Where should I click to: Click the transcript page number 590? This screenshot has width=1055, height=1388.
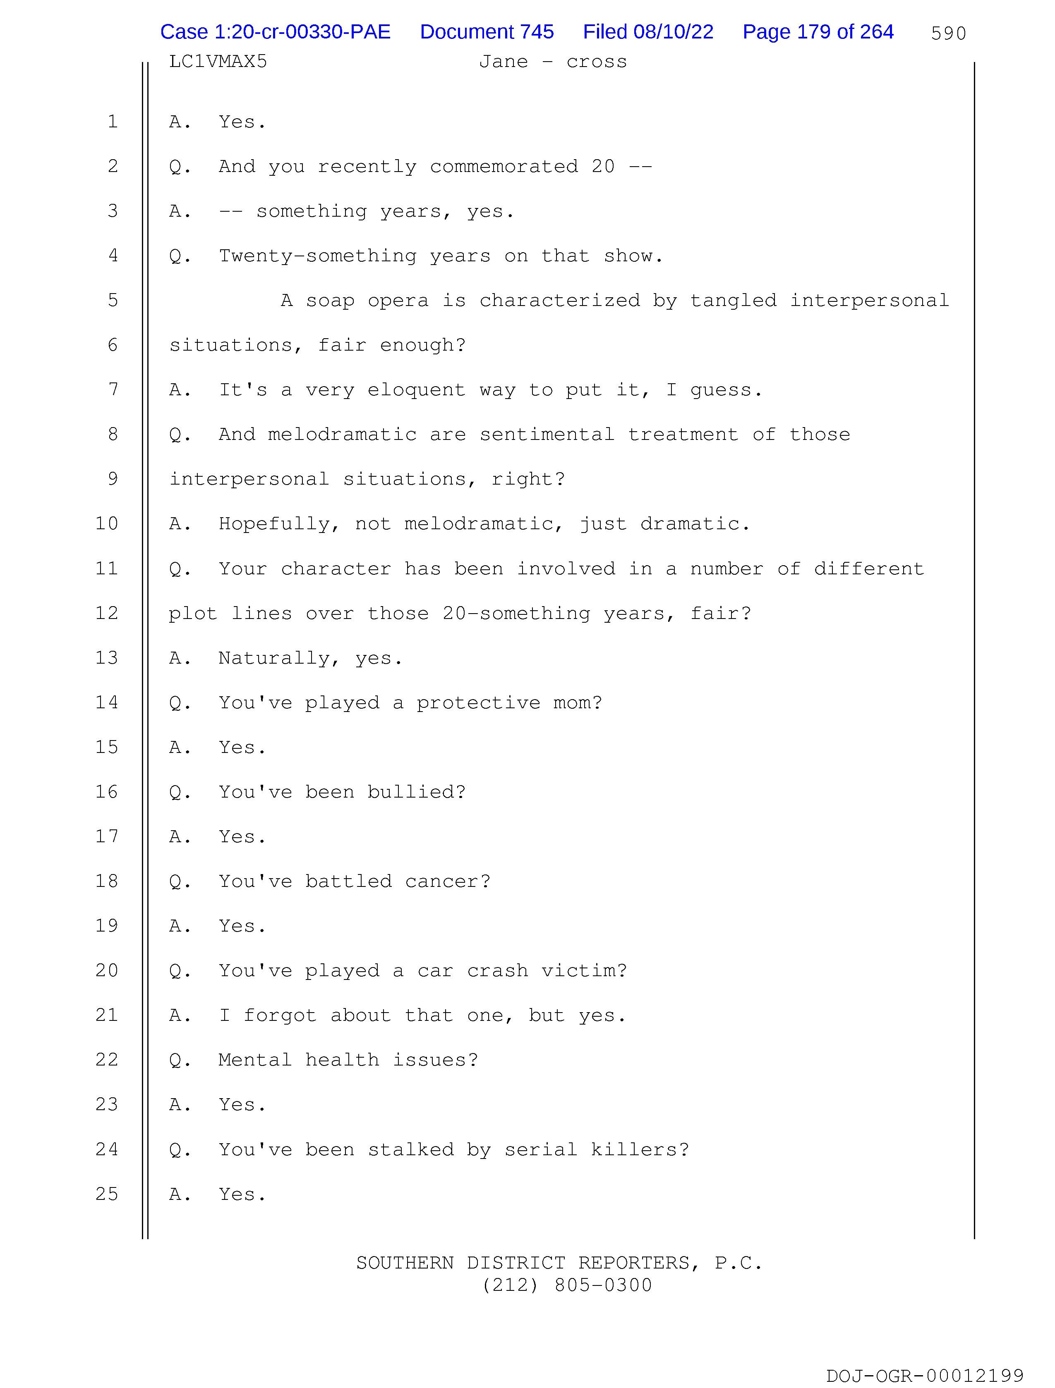[x=948, y=33]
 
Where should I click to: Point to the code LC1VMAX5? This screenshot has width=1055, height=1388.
[x=218, y=62]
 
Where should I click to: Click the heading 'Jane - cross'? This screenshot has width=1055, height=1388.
[x=553, y=62]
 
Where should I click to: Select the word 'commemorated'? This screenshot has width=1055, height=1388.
[x=504, y=167]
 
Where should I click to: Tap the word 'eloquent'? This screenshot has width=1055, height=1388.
[x=416, y=390]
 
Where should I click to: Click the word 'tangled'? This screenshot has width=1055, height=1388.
[x=733, y=301]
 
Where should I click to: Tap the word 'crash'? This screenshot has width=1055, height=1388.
[x=497, y=971]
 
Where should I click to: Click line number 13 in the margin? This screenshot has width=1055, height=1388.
[x=107, y=658]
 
